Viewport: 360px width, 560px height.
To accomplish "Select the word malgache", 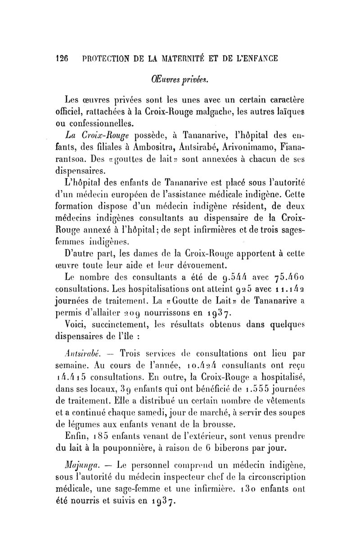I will (205, 111).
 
